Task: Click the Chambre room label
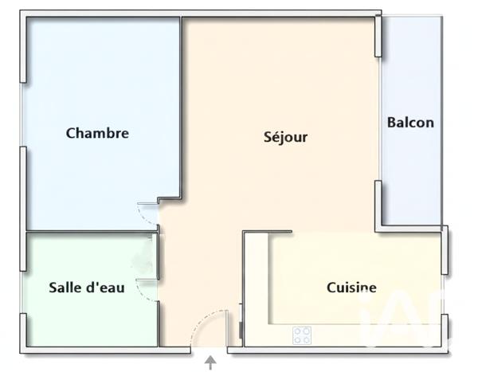pyautogui.click(x=97, y=133)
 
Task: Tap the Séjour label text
pyautogui.click(x=285, y=137)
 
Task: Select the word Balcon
pyautogui.click(x=410, y=122)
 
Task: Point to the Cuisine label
pyautogui.click(x=351, y=288)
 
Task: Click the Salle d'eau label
pyautogui.click(x=86, y=288)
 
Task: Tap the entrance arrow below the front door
pyautogui.click(x=210, y=362)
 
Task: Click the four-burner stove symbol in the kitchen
pyautogui.click(x=302, y=335)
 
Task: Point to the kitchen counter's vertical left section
pyautogui.click(x=255, y=287)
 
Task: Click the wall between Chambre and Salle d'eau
pyautogui.click(x=88, y=232)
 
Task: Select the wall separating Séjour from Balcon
pyautogui.click(x=378, y=119)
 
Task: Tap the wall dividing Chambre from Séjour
pyautogui.click(x=182, y=104)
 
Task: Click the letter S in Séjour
pyautogui.click(x=268, y=137)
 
